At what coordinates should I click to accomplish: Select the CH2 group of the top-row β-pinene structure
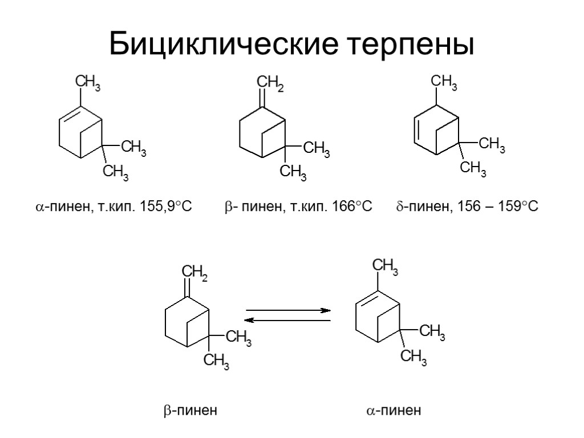point(270,86)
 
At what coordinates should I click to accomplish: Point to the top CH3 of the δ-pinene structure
point(443,85)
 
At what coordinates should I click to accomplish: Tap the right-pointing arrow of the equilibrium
point(289,311)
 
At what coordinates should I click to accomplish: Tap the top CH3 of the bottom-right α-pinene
point(385,266)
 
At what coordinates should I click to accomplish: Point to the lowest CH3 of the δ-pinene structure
point(473,168)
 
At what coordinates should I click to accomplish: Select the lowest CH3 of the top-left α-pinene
point(115,172)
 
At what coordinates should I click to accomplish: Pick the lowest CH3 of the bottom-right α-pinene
point(413,358)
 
